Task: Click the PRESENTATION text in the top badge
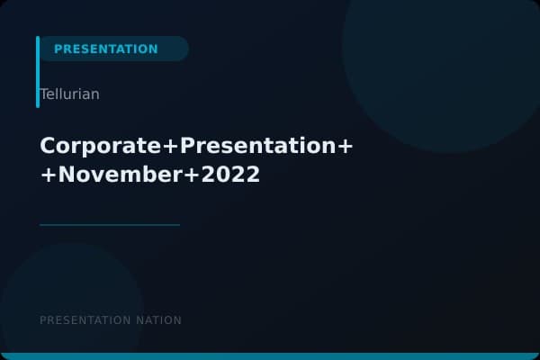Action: (105, 49)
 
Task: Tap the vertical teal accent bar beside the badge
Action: (38, 72)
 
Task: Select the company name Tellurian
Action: (69, 94)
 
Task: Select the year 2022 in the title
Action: (230, 175)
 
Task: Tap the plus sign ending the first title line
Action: (344, 146)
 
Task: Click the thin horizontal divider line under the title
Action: (110, 225)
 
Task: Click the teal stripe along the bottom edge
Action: (270, 356)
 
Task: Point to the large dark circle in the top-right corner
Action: (441, 54)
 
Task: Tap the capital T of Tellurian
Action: (43, 94)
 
